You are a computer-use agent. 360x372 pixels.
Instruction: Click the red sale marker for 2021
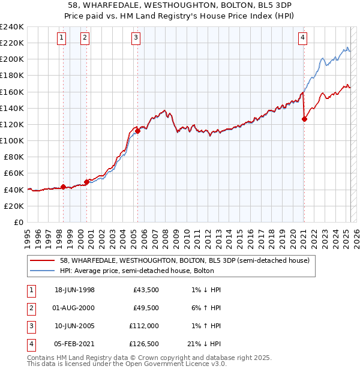click(x=304, y=119)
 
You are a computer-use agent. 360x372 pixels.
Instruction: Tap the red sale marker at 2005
click(x=137, y=131)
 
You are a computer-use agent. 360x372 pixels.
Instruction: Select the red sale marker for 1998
click(x=63, y=187)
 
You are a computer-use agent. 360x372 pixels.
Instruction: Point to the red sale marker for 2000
click(x=86, y=182)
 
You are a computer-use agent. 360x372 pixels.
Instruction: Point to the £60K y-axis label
click(x=13, y=173)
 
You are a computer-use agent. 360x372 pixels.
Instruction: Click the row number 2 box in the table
click(x=30, y=308)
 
